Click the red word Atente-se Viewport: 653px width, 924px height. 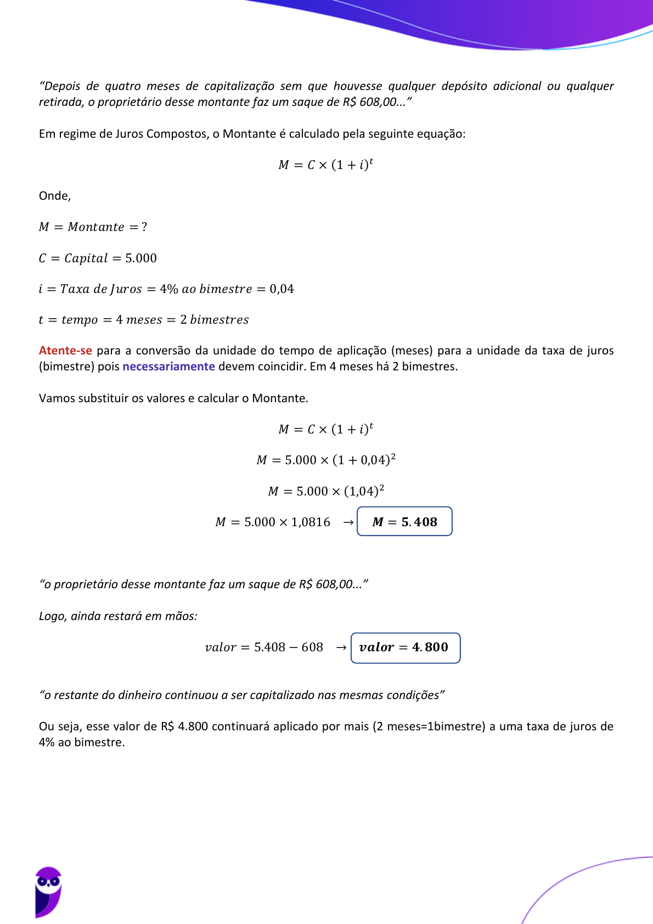(x=65, y=351)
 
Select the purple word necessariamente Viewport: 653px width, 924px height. (x=168, y=367)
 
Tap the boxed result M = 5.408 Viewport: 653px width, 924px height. (x=404, y=522)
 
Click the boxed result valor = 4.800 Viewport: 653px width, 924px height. (x=405, y=647)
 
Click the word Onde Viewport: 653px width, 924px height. (x=54, y=196)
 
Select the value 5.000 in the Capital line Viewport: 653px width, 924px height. (x=141, y=258)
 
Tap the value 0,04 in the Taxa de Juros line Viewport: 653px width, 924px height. (x=282, y=289)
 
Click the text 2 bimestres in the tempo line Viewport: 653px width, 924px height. (x=214, y=320)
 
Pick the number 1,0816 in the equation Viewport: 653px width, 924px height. (x=311, y=522)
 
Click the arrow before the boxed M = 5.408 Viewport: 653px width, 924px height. (x=348, y=522)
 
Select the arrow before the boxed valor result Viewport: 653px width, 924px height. (x=341, y=647)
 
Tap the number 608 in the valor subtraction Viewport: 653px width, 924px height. (x=312, y=647)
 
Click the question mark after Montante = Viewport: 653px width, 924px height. (x=144, y=227)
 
